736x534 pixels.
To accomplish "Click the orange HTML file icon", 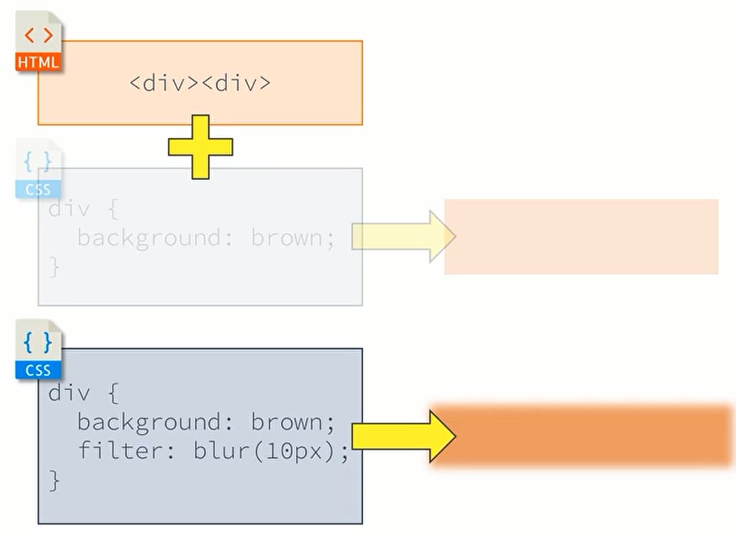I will point(38,42).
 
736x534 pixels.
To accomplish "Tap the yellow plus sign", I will point(200,147).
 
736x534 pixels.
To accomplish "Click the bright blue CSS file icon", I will point(38,349).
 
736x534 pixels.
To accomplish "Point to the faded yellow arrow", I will point(403,236).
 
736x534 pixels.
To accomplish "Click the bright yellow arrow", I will point(403,436).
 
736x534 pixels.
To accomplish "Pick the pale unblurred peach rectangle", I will point(581,236).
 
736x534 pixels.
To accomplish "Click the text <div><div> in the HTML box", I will point(200,84).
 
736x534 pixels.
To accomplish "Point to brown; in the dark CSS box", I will point(293,422).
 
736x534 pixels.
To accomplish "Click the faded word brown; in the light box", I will point(293,238).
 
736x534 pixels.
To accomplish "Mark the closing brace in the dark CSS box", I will point(55,480).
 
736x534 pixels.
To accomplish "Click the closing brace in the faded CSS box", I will point(55,268).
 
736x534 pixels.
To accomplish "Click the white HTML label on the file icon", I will point(38,63).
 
